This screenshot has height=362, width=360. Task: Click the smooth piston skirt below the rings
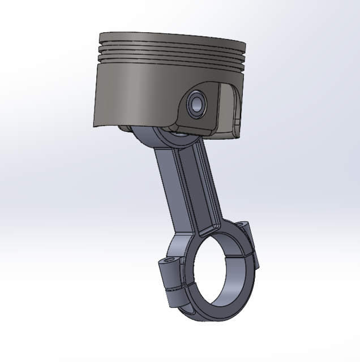(136, 90)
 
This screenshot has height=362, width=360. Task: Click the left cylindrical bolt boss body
(170, 274)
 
